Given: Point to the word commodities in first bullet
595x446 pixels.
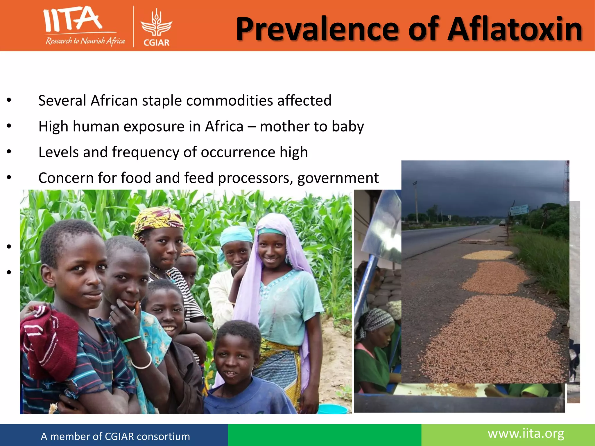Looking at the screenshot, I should point(230,101).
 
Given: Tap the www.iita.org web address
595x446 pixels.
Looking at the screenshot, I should point(526,434).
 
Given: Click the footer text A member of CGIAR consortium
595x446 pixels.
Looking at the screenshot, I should point(115,436).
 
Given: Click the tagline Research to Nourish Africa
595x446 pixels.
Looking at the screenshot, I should point(85,41).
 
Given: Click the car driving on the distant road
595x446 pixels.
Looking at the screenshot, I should point(502,224).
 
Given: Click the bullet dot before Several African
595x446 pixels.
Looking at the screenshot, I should point(9,100).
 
